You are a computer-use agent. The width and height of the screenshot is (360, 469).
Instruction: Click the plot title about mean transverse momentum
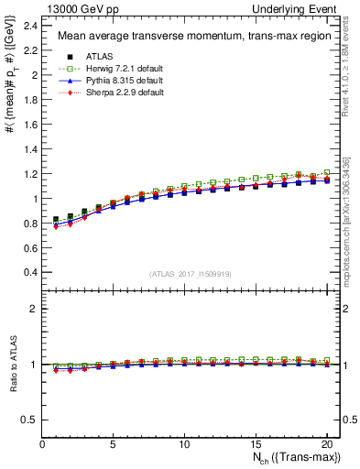(x=188, y=37)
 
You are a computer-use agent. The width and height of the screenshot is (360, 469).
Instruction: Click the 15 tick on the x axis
(x=254, y=445)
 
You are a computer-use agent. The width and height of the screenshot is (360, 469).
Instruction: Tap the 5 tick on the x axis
(x=113, y=445)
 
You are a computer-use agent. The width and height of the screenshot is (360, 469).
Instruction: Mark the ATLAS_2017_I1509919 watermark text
(x=189, y=274)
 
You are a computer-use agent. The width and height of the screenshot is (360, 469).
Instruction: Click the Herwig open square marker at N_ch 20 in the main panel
(x=327, y=172)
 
